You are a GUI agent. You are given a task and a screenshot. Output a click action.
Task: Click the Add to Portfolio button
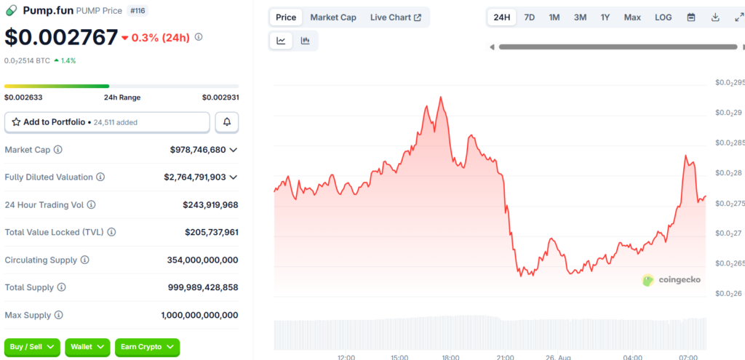click(107, 122)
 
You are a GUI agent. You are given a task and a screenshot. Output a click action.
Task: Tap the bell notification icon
click(227, 122)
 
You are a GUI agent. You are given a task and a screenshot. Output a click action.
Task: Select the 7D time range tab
click(530, 17)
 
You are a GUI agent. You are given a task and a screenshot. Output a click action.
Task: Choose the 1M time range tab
click(554, 17)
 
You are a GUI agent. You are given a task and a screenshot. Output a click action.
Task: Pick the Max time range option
click(632, 17)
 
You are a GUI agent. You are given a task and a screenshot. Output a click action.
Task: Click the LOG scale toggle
click(664, 17)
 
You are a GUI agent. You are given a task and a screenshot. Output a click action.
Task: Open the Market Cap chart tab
click(333, 17)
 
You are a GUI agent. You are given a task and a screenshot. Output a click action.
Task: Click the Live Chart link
click(396, 17)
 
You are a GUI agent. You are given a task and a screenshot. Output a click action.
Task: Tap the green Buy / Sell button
click(32, 347)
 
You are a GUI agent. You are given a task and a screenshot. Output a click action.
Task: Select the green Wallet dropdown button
click(87, 347)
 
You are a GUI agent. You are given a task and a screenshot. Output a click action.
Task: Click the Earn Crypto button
click(147, 347)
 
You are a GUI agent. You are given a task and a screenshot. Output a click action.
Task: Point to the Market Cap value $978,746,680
click(198, 150)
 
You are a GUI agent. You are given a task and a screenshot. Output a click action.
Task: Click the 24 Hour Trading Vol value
click(210, 205)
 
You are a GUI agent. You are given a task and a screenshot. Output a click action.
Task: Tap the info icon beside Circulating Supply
click(84, 260)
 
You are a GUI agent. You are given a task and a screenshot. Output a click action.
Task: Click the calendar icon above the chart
click(691, 17)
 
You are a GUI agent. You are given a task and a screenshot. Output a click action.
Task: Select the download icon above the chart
click(715, 17)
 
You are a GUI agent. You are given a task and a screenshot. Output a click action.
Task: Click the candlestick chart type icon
click(305, 41)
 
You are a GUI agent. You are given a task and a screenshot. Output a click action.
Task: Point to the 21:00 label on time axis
click(505, 356)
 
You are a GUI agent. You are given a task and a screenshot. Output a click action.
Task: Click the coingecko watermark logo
click(671, 280)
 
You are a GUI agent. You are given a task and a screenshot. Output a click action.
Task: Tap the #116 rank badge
click(138, 10)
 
